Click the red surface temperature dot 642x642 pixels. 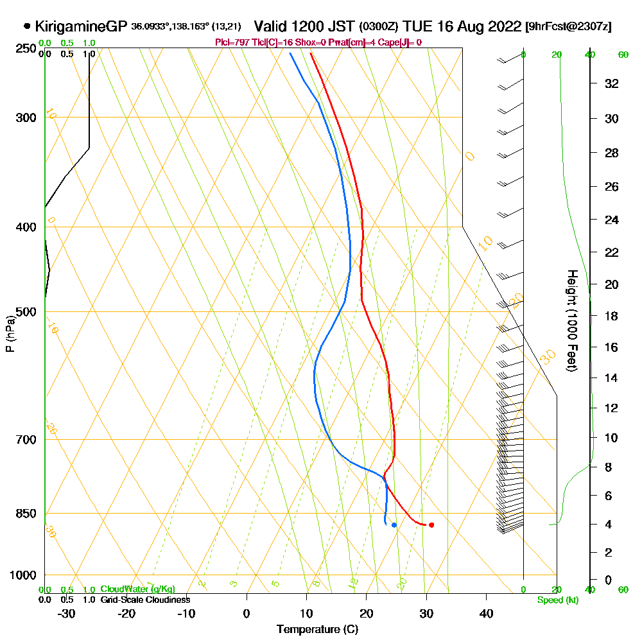[x=431, y=525]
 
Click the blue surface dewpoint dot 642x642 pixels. [x=394, y=525]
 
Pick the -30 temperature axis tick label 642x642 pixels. [x=67, y=614]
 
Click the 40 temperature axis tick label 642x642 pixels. [x=486, y=614]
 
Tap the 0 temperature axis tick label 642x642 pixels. [x=247, y=614]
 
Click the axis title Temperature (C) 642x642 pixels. [x=317, y=630]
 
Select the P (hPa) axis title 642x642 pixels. [x=10, y=333]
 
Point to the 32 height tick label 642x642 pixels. [x=611, y=83]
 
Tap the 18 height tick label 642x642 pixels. [x=611, y=316]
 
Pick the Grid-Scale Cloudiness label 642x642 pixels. [x=145, y=600]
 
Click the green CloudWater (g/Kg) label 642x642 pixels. [x=137, y=589]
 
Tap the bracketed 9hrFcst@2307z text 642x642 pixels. [x=568, y=27]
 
